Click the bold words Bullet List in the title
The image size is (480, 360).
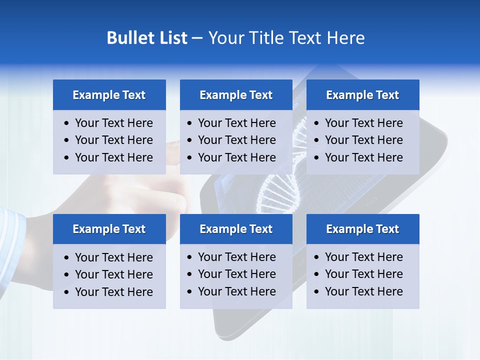click(x=147, y=38)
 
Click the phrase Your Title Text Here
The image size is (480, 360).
click(x=286, y=38)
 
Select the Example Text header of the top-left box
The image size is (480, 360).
click(x=109, y=95)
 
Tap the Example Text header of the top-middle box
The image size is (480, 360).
click(x=236, y=95)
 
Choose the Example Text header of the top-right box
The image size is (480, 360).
click(x=362, y=95)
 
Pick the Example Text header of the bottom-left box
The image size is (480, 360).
click(x=109, y=229)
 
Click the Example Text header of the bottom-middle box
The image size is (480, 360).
click(x=236, y=229)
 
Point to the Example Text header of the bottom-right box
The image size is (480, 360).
click(x=362, y=229)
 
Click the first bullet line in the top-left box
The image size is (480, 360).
click(x=113, y=123)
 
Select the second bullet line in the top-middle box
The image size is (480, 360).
click(x=236, y=140)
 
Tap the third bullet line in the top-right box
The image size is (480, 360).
click(x=363, y=157)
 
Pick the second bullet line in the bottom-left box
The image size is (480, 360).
click(x=113, y=274)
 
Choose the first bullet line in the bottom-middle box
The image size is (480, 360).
click(x=236, y=257)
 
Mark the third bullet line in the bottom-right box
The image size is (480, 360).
click(x=363, y=291)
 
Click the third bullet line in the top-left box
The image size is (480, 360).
click(x=113, y=157)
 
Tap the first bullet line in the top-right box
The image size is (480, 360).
click(x=363, y=123)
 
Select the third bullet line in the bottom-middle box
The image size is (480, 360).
click(x=236, y=291)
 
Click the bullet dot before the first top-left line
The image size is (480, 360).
click(x=67, y=123)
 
